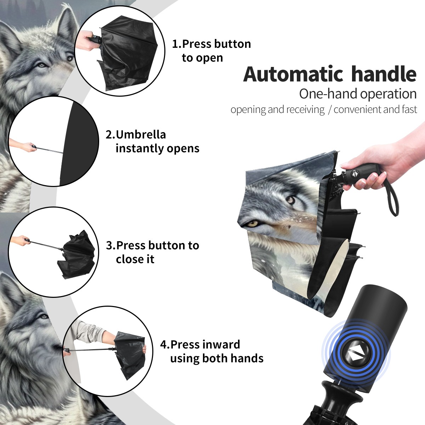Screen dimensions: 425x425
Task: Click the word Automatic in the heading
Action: [293, 74]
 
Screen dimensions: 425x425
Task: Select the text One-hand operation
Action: [358, 94]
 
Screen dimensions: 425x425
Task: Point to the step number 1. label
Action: [177, 44]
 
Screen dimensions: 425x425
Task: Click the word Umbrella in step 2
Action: [141, 135]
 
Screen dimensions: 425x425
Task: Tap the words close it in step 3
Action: [135, 259]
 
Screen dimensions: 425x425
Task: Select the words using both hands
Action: [217, 358]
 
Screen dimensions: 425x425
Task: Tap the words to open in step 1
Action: [202, 58]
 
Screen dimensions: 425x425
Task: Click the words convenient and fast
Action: [375, 109]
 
